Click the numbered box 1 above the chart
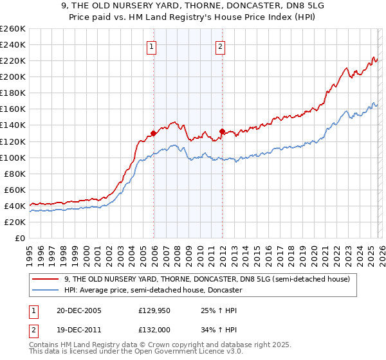[151, 46]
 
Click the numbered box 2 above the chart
[220, 46]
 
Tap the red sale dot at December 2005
[153, 134]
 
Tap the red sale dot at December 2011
[221, 132]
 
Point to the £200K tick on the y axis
[13, 76]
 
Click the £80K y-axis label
[14, 174]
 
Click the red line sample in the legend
[46, 279]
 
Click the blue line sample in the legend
[46, 290]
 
